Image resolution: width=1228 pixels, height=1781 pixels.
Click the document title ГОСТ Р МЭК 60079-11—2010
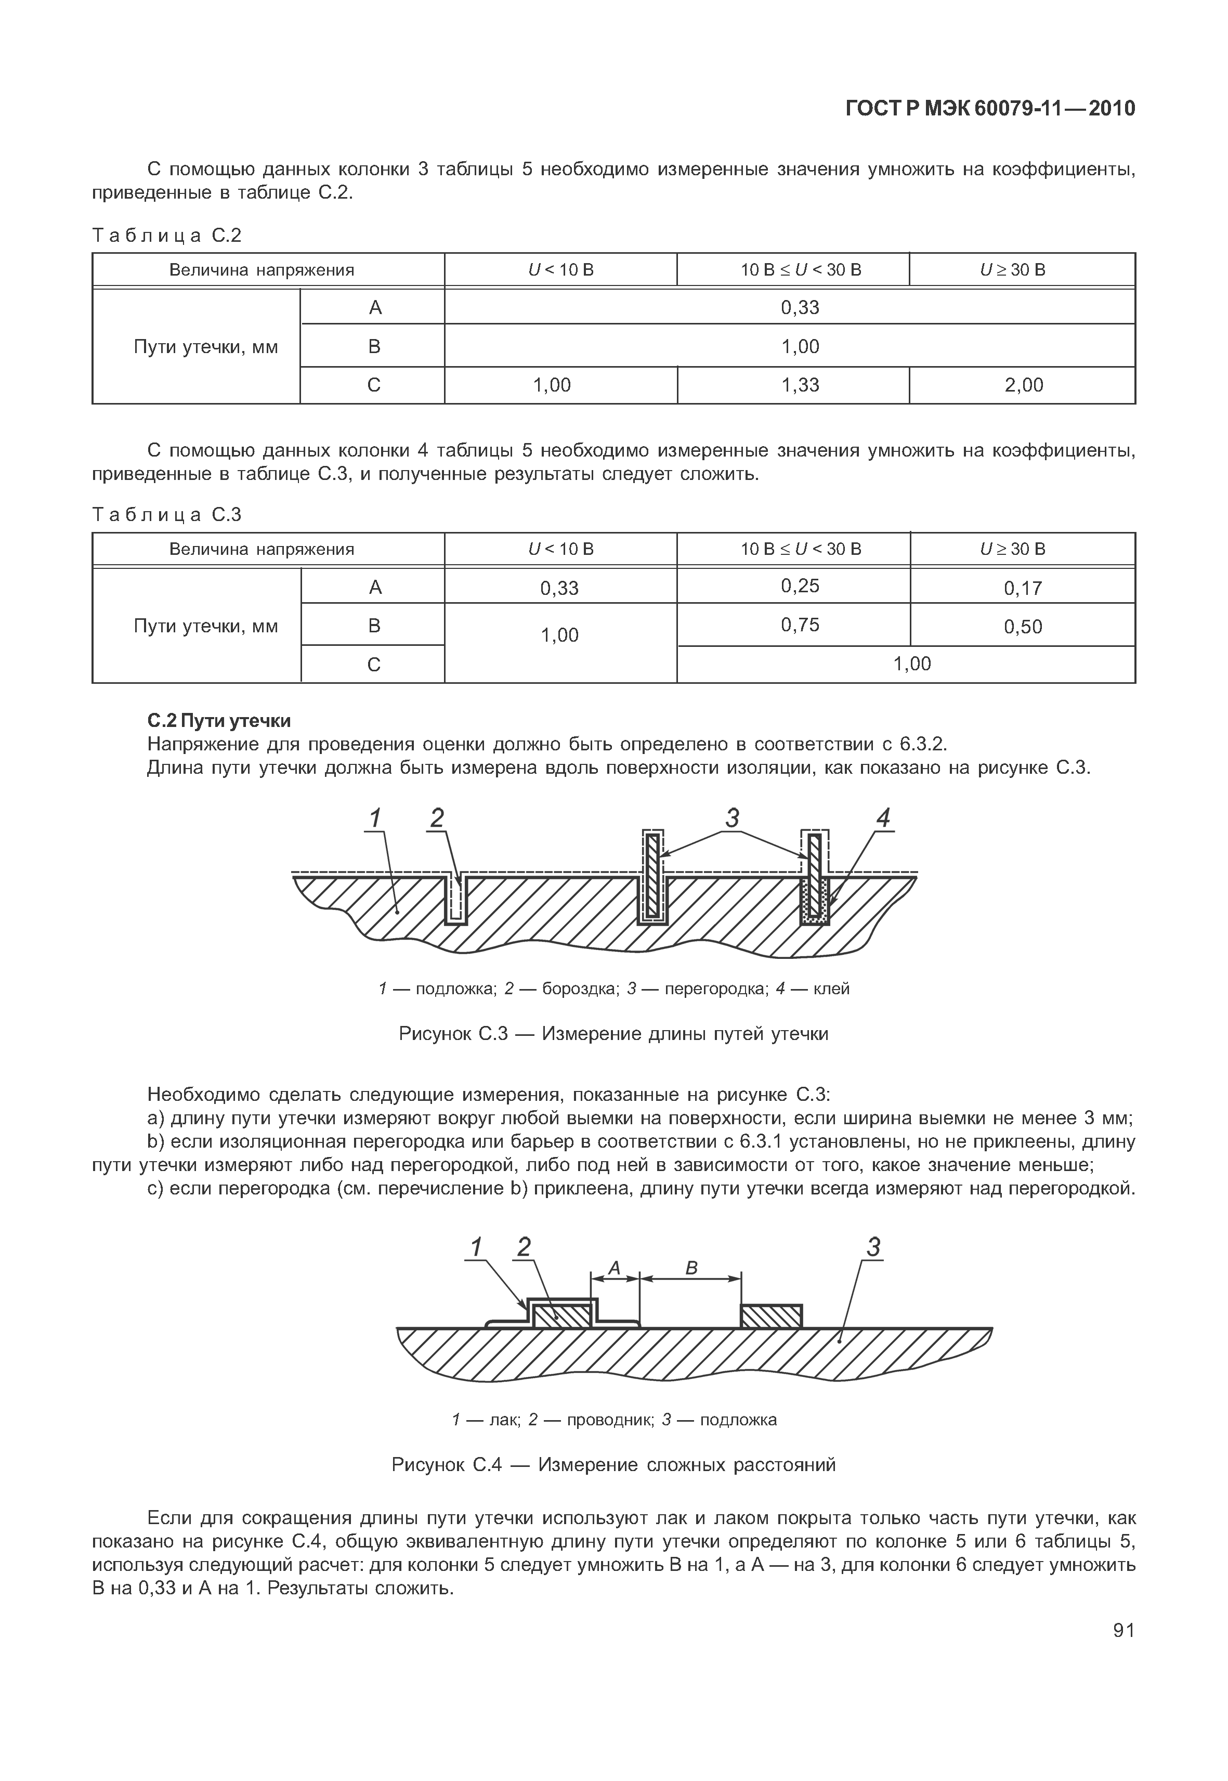click(x=990, y=109)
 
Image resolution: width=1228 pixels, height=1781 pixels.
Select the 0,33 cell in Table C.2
click(x=800, y=308)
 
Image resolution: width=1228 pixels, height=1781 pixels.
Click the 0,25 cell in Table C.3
click(x=800, y=587)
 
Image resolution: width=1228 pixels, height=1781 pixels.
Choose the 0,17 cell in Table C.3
click(x=1023, y=589)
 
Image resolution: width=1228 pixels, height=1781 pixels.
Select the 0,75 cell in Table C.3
click(x=800, y=625)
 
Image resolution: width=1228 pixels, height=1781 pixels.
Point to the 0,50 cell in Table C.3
click(x=1023, y=627)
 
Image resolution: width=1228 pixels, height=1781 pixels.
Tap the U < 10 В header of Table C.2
click(x=561, y=270)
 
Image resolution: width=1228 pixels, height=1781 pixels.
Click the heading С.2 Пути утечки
click(x=218, y=721)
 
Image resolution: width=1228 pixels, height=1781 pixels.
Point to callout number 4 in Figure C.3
click(x=883, y=818)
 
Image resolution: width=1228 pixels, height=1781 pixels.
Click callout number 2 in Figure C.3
click(x=437, y=817)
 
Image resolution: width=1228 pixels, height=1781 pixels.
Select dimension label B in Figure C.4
click(x=691, y=1268)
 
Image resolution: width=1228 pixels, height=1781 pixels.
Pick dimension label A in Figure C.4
click(x=614, y=1268)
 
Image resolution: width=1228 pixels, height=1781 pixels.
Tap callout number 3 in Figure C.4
click(x=872, y=1247)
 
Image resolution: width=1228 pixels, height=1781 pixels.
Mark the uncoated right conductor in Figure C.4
click(x=771, y=1317)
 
